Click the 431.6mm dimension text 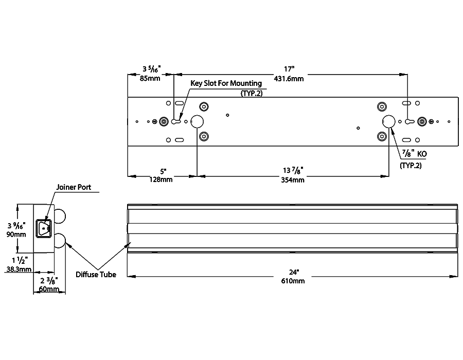[289, 79]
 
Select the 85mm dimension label [150, 79]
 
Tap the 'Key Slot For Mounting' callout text [226, 83]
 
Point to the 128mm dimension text [162, 180]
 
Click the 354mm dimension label [292, 180]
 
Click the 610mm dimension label [293, 281]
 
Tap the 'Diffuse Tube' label [96, 275]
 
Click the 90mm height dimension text [15, 235]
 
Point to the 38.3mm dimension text [19, 268]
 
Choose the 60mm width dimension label [49, 289]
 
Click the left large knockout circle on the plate [197, 121]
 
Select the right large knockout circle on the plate [388, 121]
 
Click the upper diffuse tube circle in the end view [60, 216]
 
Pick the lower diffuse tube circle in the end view [60, 240]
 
